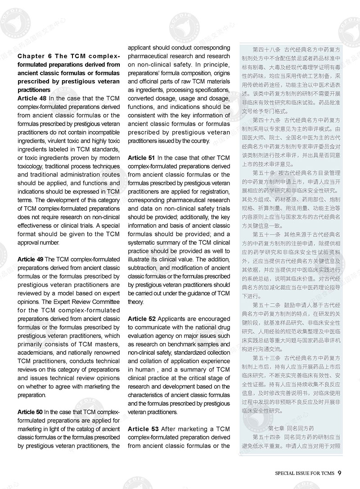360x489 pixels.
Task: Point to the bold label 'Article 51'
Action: pos(141,158)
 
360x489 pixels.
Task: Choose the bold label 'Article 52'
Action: pos(141,319)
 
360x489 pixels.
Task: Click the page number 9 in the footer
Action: pos(339,472)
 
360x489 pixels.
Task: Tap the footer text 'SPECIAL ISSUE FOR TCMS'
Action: pos(305,473)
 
